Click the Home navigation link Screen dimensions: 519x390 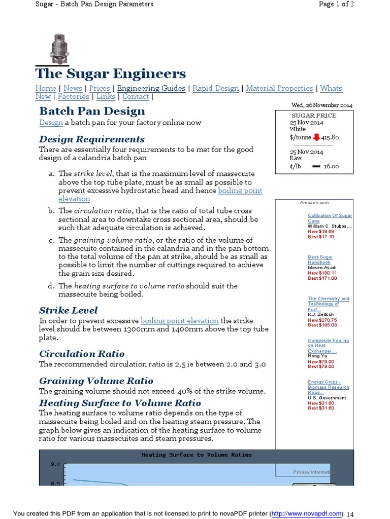(46, 88)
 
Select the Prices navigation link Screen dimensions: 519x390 (100, 88)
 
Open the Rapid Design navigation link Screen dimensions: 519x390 (215, 88)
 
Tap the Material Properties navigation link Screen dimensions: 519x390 (279, 88)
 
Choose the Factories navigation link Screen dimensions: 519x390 (73, 97)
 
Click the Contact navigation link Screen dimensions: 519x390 (136, 97)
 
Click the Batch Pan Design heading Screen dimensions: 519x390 (92, 111)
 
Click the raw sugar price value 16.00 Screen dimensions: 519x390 (331, 166)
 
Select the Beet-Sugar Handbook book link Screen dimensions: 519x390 (319, 259)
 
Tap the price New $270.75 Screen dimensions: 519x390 (322, 320)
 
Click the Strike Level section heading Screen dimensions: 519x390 (68, 310)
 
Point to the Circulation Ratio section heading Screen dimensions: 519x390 (82, 354)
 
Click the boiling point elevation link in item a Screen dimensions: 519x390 (240, 191)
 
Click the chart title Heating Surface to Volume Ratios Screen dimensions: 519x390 (196, 455)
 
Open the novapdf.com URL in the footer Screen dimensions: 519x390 (307, 514)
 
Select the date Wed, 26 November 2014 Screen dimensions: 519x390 (321, 105)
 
